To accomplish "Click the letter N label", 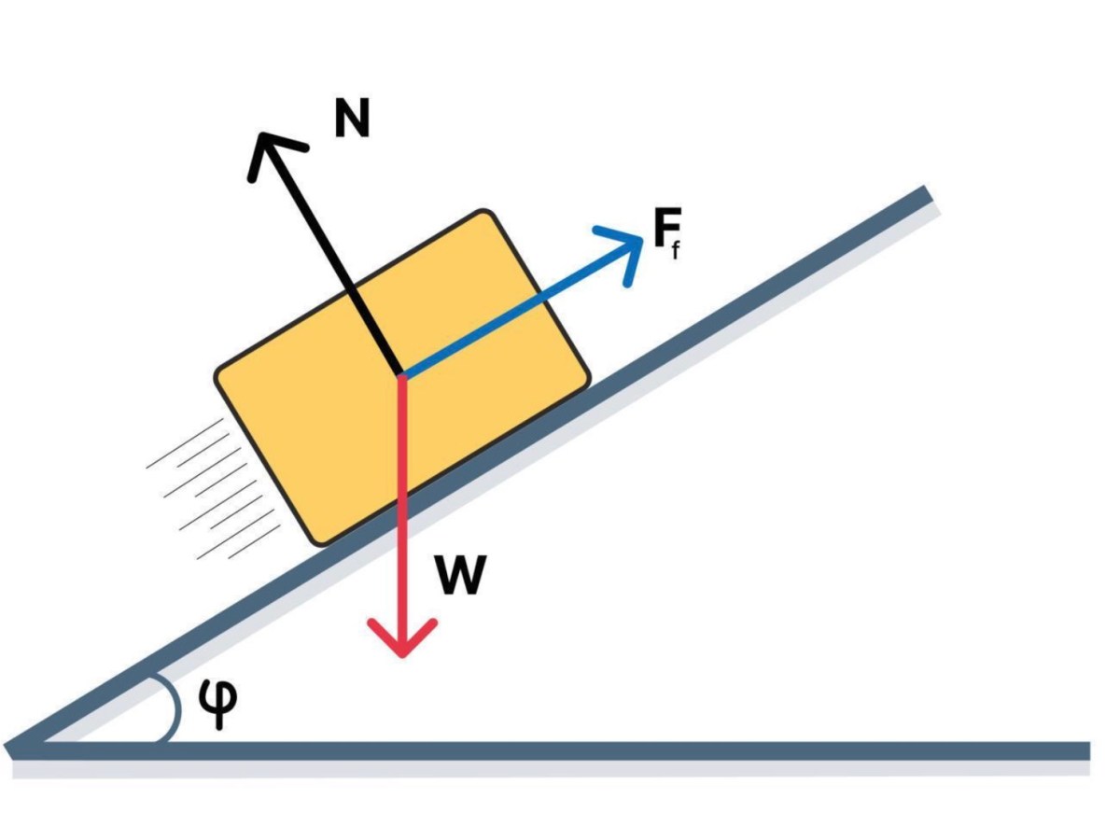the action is click(x=352, y=118).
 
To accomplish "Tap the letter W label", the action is click(x=460, y=575).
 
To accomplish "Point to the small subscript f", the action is click(x=676, y=251).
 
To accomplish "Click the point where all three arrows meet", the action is click(x=401, y=375).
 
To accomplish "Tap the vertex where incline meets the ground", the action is click(x=13, y=749).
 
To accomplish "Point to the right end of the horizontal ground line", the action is click(x=1089, y=751).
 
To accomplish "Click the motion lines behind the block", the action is click(x=214, y=488).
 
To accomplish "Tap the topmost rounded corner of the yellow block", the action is click(x=483, y=211).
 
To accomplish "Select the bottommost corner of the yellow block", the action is click(x=321, y=544).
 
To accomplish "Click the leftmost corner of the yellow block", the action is click(x=217, y=375).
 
